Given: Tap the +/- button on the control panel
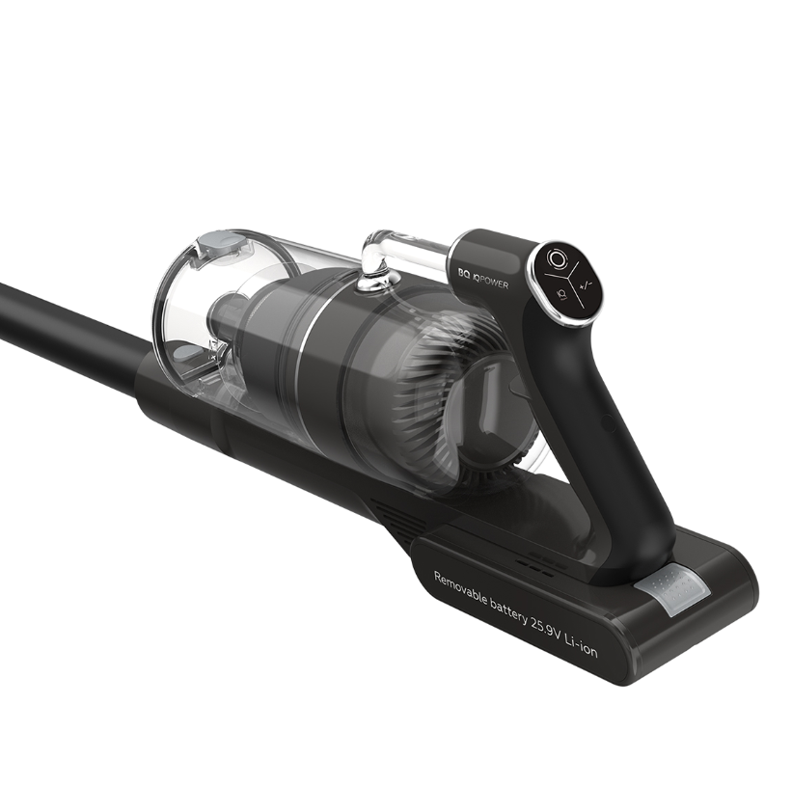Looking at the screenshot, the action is tap(587, 285).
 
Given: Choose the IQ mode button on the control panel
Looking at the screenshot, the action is tap(560, 293).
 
